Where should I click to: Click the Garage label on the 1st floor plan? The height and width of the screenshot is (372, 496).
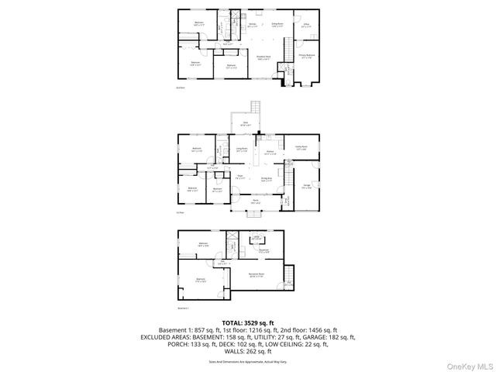[x=306, y=186]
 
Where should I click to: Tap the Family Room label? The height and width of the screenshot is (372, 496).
[x=301, y=147]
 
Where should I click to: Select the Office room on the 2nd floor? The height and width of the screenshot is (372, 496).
[x=305, y=26]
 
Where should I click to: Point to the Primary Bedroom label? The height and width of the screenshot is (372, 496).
[x=306, y=57]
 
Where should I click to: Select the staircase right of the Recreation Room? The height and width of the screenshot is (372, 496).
[x=291, y=275]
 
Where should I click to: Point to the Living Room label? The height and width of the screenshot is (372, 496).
[x=241, y=150]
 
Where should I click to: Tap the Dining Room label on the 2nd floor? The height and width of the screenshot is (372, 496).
[x=277, y=26]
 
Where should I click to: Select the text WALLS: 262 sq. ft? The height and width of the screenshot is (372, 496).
[x=247, y=350]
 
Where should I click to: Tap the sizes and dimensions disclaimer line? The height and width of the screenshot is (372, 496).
[x=247, y=361]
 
